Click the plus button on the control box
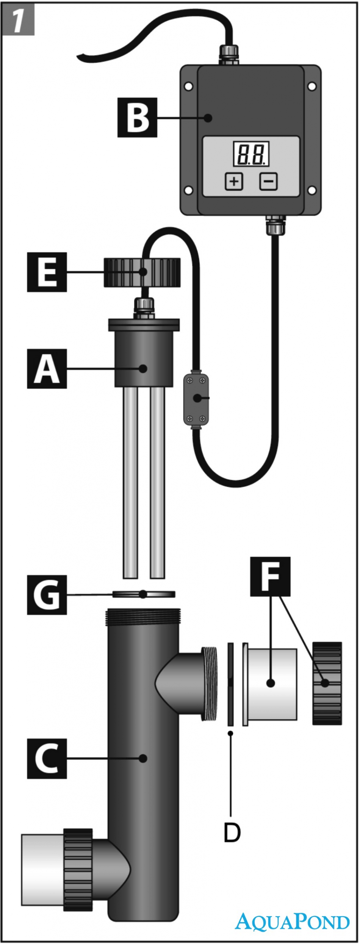[234, 181]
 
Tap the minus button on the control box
[268, 181]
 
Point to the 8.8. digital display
[251, 153]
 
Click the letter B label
[137, 117]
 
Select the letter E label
[47, 272]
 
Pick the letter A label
[47, 369]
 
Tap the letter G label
[47, 595]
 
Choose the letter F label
[270, 576]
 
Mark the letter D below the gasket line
[232, 832]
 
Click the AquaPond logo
[292, 921]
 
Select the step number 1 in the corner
[19, 20]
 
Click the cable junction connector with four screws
[196, 399]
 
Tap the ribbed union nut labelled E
[142, 272]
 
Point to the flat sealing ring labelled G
[144, 594]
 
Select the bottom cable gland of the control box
[275, 224]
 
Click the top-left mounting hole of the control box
[188, 86]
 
